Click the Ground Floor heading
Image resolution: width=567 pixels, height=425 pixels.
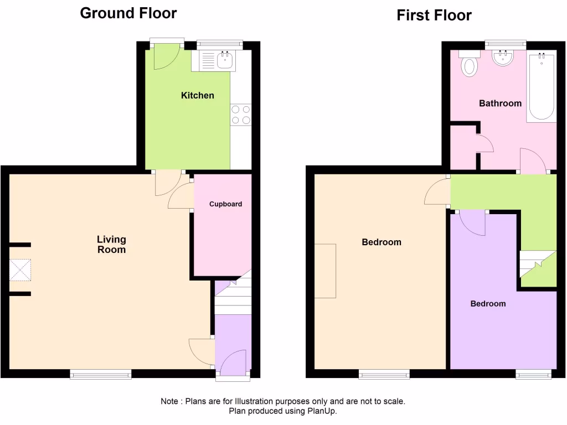[x=128, y=13]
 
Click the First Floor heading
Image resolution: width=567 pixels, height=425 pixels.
[x=434, y=15]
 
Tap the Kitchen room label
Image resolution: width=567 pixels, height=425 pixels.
[x=197, y=96]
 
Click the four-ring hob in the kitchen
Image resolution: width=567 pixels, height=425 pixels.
[x=241, y=115]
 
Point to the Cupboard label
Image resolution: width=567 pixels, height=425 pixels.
[x=225, y=204]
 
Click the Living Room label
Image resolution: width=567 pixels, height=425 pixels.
[x=111, y=245]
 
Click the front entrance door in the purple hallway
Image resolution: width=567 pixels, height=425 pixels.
[x=233, y=362]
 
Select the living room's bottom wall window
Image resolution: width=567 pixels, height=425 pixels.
[x=100, y=375]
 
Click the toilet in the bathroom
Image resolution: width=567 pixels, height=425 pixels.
[x=469, y=64]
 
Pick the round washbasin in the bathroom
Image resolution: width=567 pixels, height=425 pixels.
[x=503, y=58]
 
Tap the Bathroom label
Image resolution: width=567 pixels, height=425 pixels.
[x=500, y=103]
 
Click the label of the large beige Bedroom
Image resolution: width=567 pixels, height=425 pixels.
[x=381, y=242]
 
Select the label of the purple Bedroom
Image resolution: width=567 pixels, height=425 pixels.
[x=488, y=304]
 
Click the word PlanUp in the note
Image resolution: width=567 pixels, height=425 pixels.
[x=321, y=411]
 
